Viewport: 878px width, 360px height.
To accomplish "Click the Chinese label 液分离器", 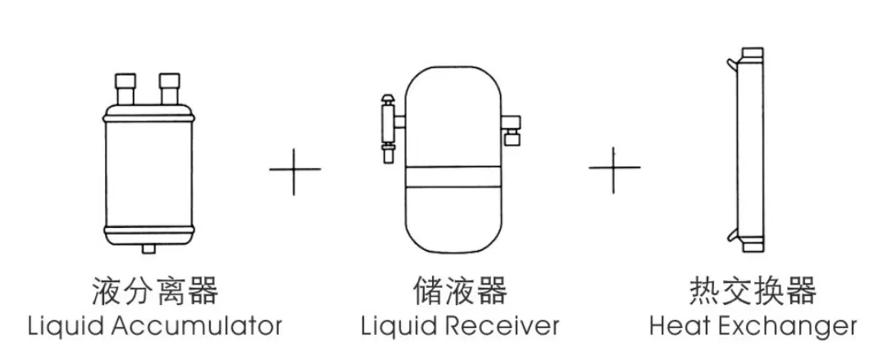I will [154, 291].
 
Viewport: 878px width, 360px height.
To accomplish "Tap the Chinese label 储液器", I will [460, 291].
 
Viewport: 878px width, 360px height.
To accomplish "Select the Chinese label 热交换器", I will [753, 291].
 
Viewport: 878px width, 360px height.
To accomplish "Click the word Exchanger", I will [786, 326].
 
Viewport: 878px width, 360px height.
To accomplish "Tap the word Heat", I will [680, 326].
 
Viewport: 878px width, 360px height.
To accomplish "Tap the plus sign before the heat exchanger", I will [614, 169].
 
